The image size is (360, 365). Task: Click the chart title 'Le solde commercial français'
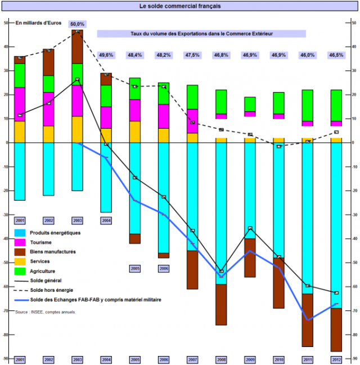(179, 6)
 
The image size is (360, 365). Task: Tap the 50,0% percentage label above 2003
(77, 24)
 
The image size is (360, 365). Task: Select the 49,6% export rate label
(106, 55)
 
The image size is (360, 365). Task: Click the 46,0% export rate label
(307, 55)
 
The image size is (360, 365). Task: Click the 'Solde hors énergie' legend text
(56, 290)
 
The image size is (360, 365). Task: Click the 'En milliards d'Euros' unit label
(38, 23)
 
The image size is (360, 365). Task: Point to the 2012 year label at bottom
(336, 359)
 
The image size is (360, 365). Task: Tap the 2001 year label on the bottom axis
(20, 359)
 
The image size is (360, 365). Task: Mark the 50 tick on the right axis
(353, 23)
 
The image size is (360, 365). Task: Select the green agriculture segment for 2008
(220, 101)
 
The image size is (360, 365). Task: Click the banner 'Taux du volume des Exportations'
(201, 34)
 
